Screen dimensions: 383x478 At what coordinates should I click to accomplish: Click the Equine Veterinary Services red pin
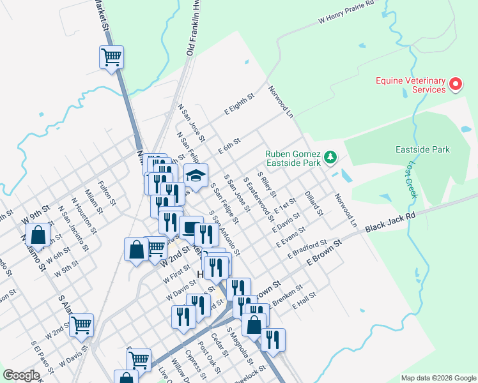point(456,84)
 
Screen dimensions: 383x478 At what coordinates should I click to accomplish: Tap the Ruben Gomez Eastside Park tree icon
point(330,157)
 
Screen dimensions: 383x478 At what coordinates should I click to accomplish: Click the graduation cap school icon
point(196,174)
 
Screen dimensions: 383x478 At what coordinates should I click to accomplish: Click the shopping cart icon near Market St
point(111,57)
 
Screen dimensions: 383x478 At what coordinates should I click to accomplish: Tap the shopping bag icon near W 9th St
point(38,235)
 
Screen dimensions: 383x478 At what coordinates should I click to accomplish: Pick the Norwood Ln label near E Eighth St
point(281,101)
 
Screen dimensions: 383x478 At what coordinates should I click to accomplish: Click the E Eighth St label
point(239,105)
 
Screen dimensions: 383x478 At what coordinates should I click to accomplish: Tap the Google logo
point(21,375)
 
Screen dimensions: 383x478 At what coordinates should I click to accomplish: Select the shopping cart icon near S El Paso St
point(81,325)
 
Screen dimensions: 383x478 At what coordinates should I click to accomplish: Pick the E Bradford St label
point(307,250)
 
